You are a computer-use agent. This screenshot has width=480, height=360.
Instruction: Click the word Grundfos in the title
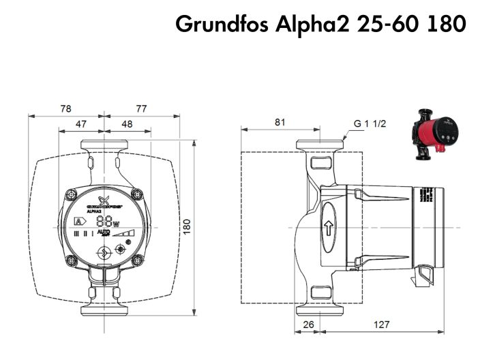[215, 25]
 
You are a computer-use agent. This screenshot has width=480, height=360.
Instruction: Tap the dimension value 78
[65, 108]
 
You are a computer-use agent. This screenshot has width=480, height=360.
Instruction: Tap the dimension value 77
[141, 108]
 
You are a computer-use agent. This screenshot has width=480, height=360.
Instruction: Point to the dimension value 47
[80, 125]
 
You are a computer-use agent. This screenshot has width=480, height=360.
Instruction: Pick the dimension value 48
[127, 125]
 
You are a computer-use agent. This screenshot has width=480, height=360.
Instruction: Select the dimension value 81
[280, 122]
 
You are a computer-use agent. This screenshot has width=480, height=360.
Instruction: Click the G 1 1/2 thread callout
[370, 124]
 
